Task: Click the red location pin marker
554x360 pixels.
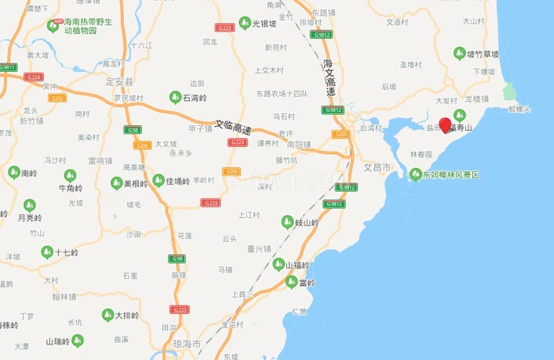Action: pos(445,125)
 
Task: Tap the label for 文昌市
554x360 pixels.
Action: pos(377,167)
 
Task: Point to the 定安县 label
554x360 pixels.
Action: pos(119,82)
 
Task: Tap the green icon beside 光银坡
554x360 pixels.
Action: pos(245,23)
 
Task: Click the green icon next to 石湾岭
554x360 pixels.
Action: pos(175,96)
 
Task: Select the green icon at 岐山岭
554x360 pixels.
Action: pos(288,222)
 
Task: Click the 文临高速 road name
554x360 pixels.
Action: pos(234,127)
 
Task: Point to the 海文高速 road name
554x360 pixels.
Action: pos(330,78)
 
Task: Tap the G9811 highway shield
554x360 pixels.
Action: pos(8,67)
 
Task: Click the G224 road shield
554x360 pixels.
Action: pos(34,76)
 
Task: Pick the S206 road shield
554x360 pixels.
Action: pos(142,145)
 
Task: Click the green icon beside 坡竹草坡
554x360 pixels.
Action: pos(460,53)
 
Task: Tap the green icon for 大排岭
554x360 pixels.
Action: pos(106,315)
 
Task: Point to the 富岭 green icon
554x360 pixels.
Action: pos(291,282)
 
